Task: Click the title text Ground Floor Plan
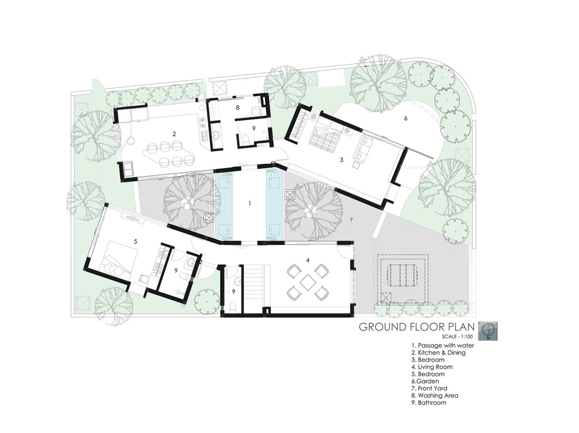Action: coord(416,327)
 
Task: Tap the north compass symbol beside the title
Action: coord(488,331)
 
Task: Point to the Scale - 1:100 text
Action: coord(458,336)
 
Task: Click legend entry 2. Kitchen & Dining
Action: coord(438,352)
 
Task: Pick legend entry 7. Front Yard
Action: coord(430,388)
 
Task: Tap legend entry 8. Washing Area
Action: coord(435,395)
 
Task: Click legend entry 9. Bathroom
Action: coord(429,402)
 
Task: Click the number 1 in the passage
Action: coord(250,203)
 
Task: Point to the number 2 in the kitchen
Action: coord(174,134)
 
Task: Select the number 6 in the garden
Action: coord(405,118)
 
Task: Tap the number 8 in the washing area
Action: coord(238,108)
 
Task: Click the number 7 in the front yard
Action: coord(352,220)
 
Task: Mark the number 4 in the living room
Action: coord(307,260)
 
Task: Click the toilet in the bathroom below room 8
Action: coord(246,139)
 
